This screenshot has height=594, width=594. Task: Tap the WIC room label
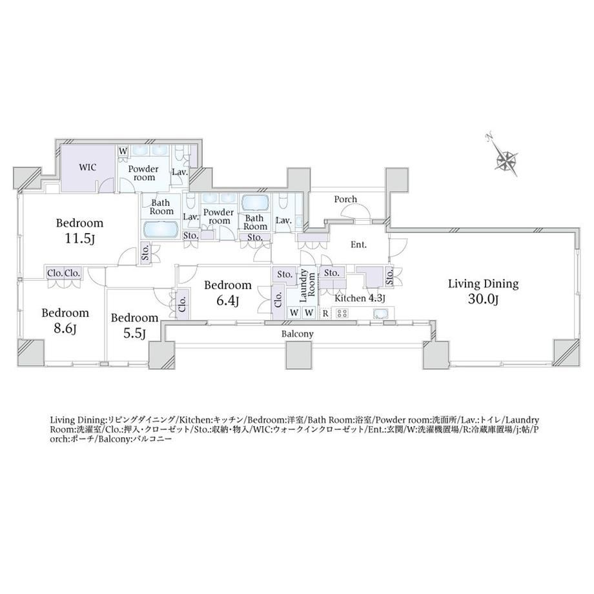88,167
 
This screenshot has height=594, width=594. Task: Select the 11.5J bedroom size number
79,239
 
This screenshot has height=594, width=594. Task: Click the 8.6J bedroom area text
65,329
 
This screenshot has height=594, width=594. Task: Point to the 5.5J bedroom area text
134,333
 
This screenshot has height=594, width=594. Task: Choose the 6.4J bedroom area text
227,300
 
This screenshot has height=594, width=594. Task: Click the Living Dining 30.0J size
483,299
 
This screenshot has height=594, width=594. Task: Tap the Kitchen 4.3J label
360,298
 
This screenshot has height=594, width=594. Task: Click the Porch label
345,200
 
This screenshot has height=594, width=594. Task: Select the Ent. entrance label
358,245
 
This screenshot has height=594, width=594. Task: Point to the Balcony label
298,334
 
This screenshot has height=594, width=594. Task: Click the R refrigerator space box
325,313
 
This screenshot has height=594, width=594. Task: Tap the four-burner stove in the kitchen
342,313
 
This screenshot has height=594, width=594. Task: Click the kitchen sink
380,314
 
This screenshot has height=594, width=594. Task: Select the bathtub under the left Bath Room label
161,230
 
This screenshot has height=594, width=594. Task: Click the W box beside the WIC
123,151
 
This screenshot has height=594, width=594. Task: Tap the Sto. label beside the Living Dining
390,276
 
